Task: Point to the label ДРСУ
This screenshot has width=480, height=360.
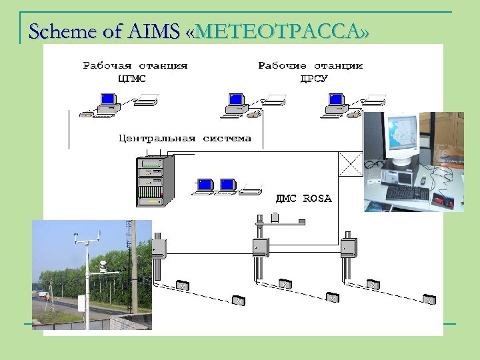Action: (x=314, y=78)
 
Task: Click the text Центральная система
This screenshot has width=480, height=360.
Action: (x=185, y=139)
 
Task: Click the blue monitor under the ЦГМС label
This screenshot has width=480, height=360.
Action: (x=107, y=100)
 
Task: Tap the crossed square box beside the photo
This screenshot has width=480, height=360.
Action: (x=351, y=164)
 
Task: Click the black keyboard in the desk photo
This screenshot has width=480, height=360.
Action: (x=407, y=193)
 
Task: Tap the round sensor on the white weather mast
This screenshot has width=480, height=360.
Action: (x=103, y=265)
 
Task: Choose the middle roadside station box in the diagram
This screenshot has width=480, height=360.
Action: (x=259, y=247)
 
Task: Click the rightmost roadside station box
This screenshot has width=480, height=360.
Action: (x=347, y=247)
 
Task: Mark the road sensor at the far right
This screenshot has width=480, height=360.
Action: (x=429, y=300)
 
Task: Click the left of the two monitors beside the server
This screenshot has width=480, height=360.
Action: (x=205, y=185)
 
